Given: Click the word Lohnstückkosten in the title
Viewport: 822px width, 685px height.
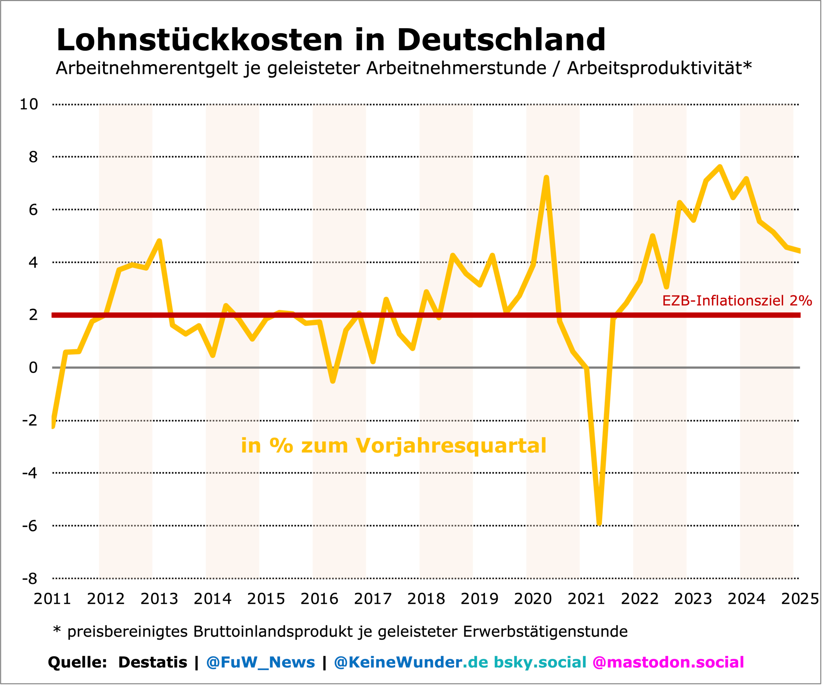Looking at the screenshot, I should [199, 40].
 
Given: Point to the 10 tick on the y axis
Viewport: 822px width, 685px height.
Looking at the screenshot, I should [29, 104].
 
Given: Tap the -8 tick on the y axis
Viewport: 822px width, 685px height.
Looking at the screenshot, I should [30, 579].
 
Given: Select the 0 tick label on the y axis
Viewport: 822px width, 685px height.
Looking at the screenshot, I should [33, 367].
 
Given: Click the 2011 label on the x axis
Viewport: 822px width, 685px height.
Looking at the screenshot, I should [52, 599].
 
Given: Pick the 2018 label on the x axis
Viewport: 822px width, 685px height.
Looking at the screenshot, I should [426, 599].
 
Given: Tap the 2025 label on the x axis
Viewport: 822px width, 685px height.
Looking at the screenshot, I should [800, 599].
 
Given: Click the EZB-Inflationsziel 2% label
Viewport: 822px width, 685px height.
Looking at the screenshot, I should [737, 301].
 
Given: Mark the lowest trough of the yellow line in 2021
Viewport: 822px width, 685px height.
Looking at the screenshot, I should [599, 523].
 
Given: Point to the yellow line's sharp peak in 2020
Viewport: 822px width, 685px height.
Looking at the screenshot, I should [546, 177].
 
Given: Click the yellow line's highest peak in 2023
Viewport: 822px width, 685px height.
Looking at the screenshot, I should [720, 167].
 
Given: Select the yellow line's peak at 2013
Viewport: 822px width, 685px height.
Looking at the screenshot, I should [159, 241].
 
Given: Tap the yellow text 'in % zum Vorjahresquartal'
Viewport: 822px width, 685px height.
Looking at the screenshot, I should [393, 446].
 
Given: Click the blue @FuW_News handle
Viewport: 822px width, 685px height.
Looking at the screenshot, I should [260, 662].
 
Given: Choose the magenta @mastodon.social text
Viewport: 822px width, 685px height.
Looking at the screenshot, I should [668, 662].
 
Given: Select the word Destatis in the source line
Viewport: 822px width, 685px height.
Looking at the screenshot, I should [153, 662].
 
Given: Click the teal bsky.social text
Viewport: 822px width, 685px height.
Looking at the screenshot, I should [540, 662].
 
